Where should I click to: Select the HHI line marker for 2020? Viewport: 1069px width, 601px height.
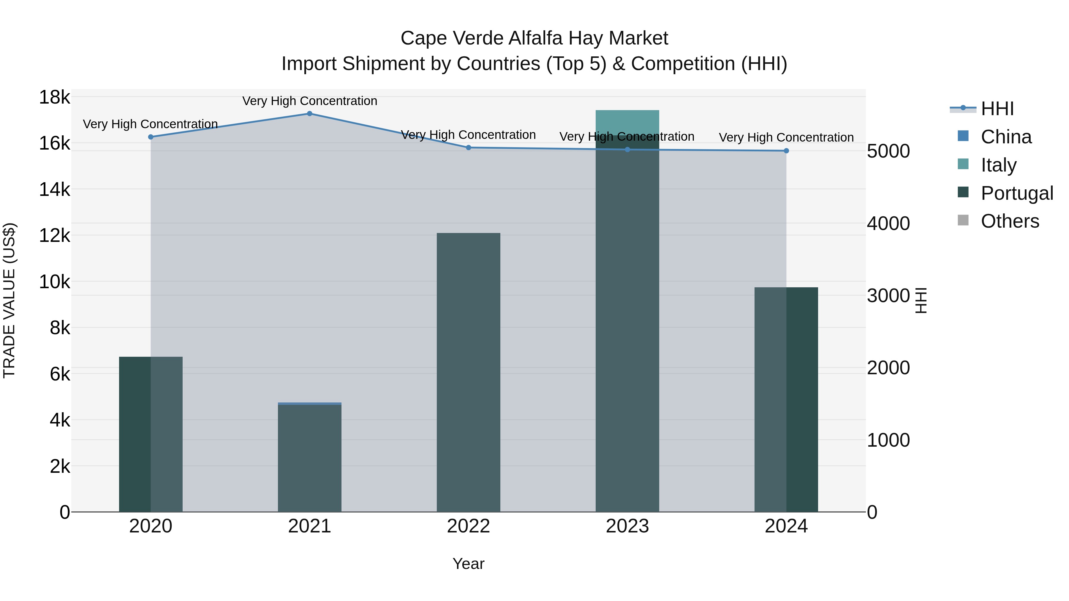pos(151,137)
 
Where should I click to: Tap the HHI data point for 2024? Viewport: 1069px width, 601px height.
pos(786,151)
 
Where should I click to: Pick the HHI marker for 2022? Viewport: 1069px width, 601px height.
pos(469,148)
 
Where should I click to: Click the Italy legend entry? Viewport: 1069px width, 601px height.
pos(998,165)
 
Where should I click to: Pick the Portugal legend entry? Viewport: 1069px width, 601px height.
pos(1016,193)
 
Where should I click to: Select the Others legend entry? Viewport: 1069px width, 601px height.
pos(1009,221)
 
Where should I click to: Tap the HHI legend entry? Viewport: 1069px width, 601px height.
pos(997,109)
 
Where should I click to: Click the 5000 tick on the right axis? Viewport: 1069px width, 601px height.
pos(888,151)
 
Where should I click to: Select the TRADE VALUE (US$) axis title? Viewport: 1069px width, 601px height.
pos(9,300)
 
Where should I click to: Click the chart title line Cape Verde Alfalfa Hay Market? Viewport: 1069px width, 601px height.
pos(534,38)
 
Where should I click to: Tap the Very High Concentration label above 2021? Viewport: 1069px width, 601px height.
pos(310,101)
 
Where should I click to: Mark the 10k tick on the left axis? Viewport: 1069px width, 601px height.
pos(54,282)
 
